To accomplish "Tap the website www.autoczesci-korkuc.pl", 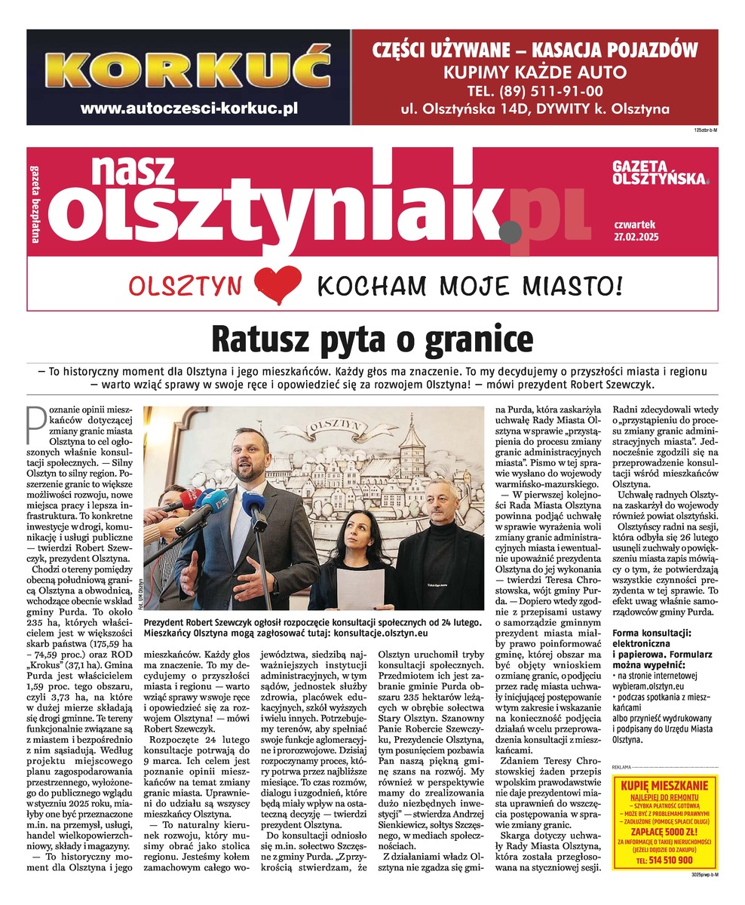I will [189, 108].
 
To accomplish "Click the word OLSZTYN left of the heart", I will [185, 287].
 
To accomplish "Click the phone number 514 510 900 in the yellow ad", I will [664, 859].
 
